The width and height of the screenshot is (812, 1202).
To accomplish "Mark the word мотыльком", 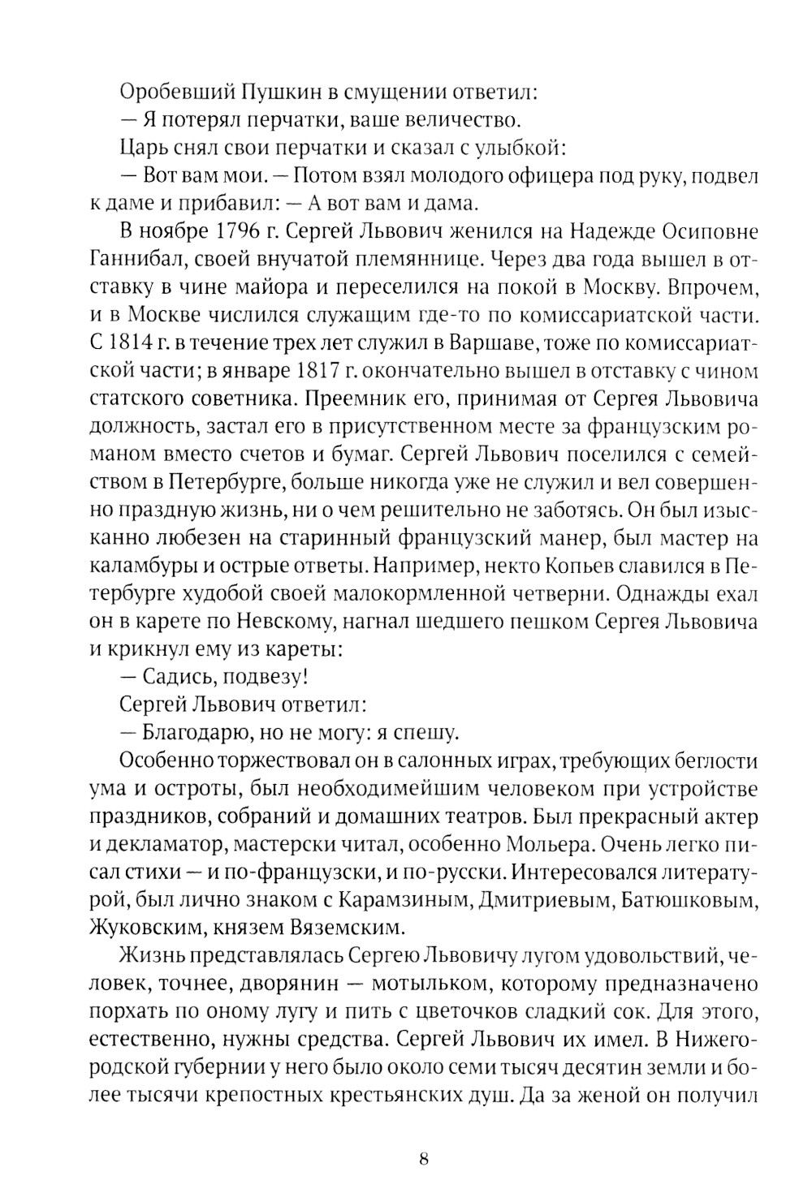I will click(x=425, y=984).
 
